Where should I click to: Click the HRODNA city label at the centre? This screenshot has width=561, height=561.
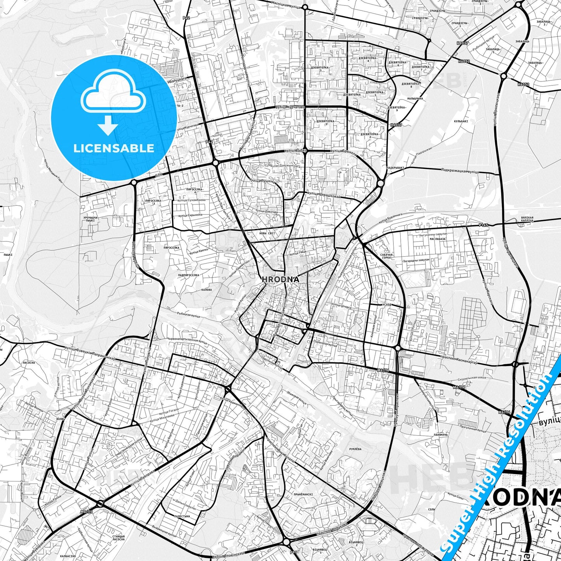[280, 279]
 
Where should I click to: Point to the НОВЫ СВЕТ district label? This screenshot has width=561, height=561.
[266, 233]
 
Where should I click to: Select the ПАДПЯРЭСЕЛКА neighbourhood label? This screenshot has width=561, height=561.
[189, 275]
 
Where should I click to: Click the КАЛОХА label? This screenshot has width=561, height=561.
[207, 290]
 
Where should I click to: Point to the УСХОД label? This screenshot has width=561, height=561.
[387, 305]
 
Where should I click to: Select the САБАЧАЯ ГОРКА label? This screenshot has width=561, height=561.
[387, 257]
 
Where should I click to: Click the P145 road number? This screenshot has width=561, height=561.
[483, 225]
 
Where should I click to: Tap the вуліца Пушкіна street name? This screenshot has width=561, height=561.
[260, 181]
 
